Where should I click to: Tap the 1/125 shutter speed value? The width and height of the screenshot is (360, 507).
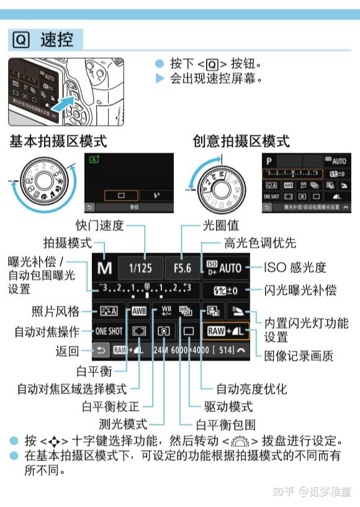click(140, 268)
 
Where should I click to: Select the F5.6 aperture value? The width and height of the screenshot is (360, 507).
click(182, 268)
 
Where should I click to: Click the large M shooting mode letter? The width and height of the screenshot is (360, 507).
click(104, 268)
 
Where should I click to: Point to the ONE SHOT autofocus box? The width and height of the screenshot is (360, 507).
click(109, 331)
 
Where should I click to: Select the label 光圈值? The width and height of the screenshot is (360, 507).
click(220, 225)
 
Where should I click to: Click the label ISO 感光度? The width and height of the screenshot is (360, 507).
click(295, 268)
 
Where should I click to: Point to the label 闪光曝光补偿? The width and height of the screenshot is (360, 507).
click(300, 290)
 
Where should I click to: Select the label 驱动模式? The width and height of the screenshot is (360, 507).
click(228, 407)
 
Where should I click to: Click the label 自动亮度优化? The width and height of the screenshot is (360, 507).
click(251, 389)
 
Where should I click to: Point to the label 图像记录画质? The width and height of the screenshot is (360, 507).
click(298, 356)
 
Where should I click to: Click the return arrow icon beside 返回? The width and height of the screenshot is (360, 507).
click(101, 351)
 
